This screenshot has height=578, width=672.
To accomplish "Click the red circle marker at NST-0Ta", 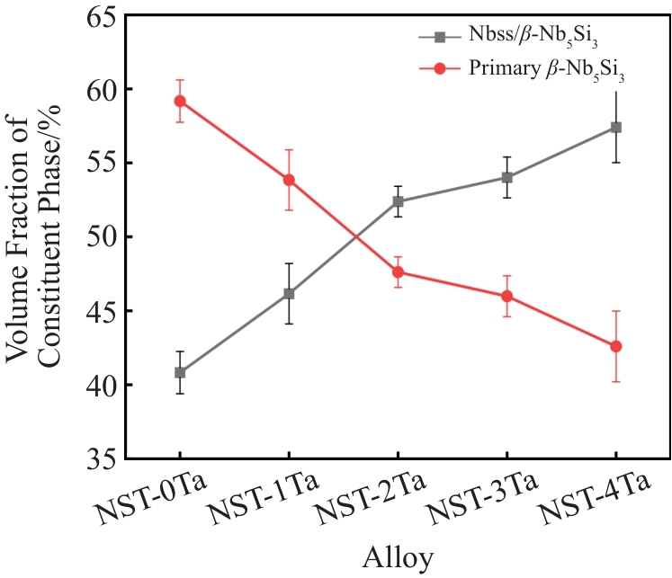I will pyautogui.click(x=180, y=101).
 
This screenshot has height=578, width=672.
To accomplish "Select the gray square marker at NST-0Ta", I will pyautogui.click(x=180, y=372).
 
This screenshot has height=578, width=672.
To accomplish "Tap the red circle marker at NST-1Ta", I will pyautogui.click(x=289, y=180).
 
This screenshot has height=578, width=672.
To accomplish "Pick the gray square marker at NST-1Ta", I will pyautogui.click(x=289, y=294).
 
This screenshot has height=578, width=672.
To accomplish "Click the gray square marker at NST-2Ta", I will pyautogui.click(x=398, y=201).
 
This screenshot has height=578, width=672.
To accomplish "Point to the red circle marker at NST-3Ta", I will pyautogui.click(x=506, y=297).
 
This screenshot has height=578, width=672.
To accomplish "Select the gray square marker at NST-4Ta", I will pyautogui.click(x=616, y=128).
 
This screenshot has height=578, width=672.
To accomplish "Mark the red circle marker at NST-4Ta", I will pyautogui.click(x=616, y=346).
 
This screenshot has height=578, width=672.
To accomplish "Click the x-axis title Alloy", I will pyautogui.click(x=398, y=558).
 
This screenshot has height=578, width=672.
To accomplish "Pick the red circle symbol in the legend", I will pyautogui.click(x=439, y=70).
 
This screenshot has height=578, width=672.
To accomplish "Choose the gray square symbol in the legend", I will pyautogui.click(x=439, y=38).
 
